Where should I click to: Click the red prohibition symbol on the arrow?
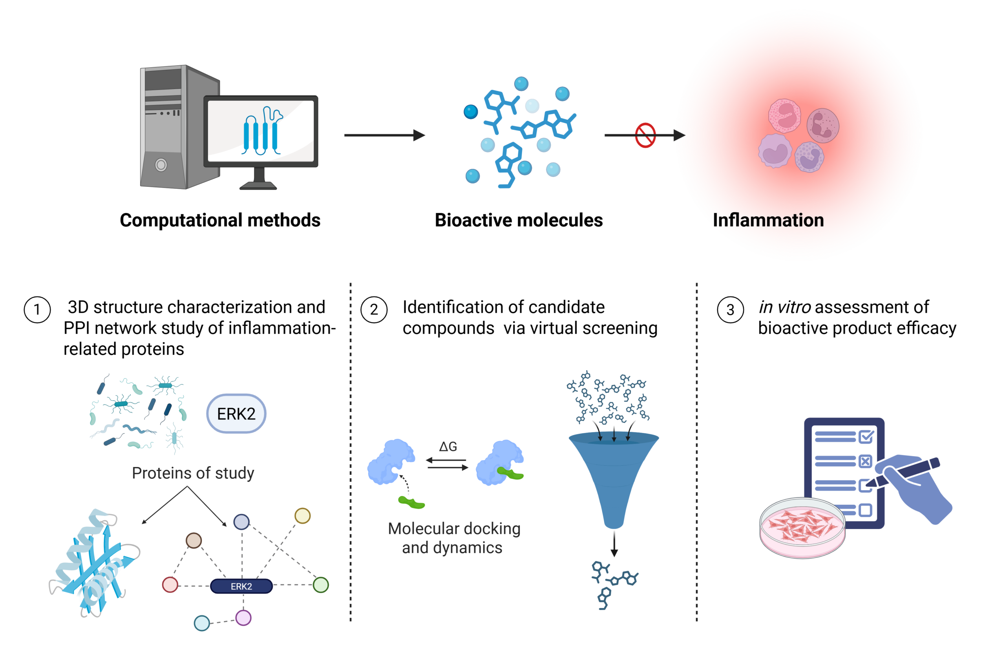point(645,135)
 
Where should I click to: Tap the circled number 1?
point(37,310)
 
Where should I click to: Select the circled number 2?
point(374,310)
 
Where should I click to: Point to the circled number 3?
point(730,310)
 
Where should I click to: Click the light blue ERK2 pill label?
point(236,414)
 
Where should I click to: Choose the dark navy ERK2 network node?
point(241,586)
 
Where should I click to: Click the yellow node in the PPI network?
point(303,516)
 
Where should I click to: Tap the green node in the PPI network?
point(321,584)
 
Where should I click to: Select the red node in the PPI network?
point(170,584)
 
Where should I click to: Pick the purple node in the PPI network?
point(243,618)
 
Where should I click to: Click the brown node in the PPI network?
point(194,540)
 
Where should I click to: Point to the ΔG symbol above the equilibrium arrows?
point(448,447)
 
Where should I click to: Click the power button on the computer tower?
point(161,164)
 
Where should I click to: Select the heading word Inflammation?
point(768,220)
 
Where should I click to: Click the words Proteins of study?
point(193,473)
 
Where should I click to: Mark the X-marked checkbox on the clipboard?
point(865,462)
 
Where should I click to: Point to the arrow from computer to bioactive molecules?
point(385,135)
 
